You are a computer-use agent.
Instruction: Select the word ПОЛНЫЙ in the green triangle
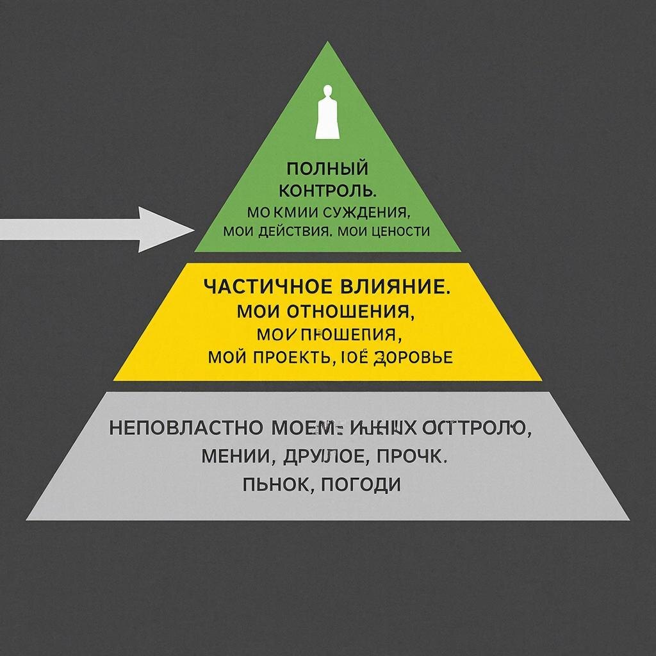[x=327, y=169]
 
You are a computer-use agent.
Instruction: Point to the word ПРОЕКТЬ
[x=292, y=357]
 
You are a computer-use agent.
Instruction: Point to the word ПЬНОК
[x=277, y=484]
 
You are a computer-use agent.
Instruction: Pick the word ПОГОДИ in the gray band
[x=360, y=484]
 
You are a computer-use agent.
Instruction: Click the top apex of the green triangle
[x=327, y=44]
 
